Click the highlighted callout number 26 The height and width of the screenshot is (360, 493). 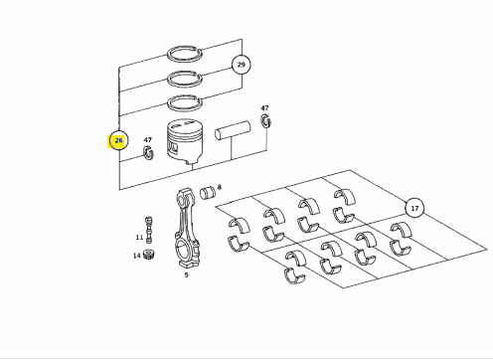tap(118, 140)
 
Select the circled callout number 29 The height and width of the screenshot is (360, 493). tap(242, 65)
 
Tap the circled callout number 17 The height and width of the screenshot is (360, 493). tap(414, 209)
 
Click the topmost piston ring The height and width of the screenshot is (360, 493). tap(169, 55)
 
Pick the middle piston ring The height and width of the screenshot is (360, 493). tap(169, 80)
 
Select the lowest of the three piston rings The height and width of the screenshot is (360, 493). tap(169, 104)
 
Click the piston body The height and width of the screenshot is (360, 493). tap(185, 142)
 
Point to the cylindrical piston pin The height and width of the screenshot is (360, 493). tap(233, 130)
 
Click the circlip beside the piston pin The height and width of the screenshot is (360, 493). tap(265, 121)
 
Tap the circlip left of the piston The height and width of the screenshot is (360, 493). tap(148, 152)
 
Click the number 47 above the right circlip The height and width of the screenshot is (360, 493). tap(264, 108)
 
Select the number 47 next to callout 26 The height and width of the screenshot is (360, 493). tap(148, 140)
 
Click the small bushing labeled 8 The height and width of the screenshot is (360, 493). tap(208, 193)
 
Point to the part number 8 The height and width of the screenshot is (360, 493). tap(219, 187)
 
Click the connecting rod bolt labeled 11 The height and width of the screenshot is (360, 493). tap(149, 230)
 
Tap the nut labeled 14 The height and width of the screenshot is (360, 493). tap(149, 255)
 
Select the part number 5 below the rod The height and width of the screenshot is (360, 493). tap(186, 274)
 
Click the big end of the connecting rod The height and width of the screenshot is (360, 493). tap(187, 252)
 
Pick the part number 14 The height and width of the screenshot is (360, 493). tap(137, 256)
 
